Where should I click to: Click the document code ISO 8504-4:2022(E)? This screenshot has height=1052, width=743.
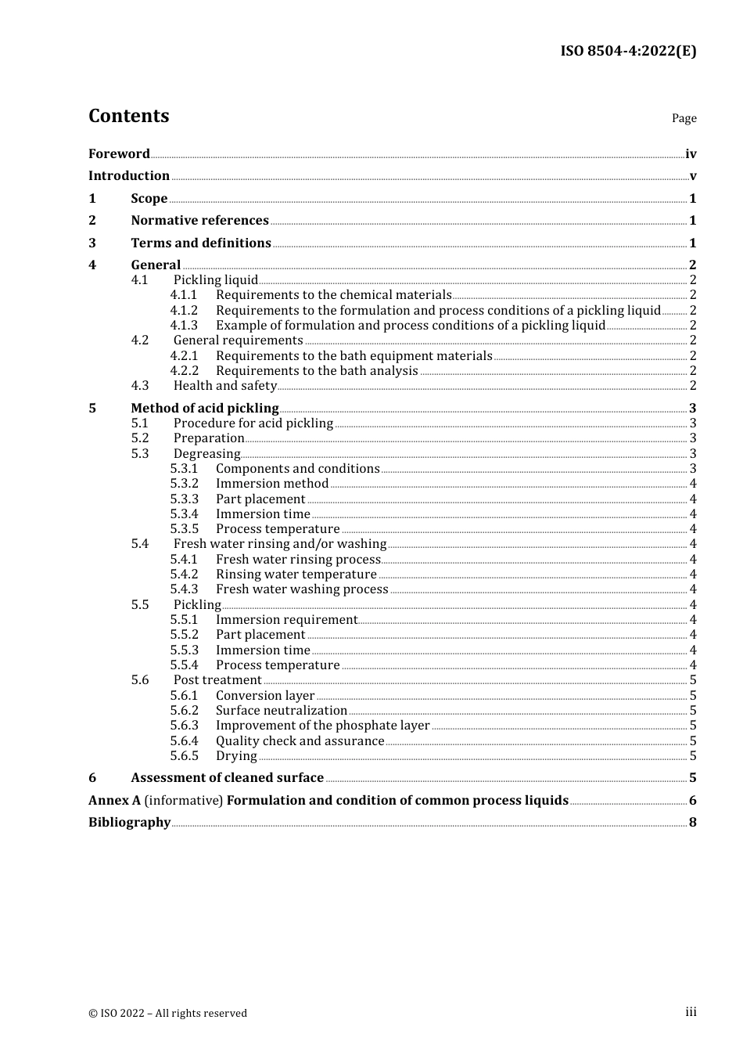628,52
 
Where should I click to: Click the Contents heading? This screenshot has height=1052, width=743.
128,116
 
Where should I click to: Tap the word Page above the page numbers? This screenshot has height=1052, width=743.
684,118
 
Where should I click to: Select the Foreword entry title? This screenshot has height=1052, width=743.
119,154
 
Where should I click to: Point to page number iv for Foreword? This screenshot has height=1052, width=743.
691,154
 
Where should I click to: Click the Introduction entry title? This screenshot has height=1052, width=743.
129,176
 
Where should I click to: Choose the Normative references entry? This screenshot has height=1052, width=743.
199,221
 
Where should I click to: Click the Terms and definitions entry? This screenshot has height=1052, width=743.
201,243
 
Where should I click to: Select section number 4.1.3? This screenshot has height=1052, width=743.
184,326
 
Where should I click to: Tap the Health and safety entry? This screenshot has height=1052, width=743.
225,386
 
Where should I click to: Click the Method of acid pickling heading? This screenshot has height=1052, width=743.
205,409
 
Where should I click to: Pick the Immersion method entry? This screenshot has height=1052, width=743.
272,484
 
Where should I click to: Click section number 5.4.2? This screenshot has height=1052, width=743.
184,575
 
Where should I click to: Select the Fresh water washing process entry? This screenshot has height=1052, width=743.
302,589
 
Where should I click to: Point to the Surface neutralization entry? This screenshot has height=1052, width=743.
282,711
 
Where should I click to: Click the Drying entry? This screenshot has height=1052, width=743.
236,756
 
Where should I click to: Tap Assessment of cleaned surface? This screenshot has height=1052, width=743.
227,778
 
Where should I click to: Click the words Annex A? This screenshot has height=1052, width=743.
114,801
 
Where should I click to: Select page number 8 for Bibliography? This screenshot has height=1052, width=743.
692,823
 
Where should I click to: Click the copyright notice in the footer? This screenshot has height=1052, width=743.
167,1014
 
